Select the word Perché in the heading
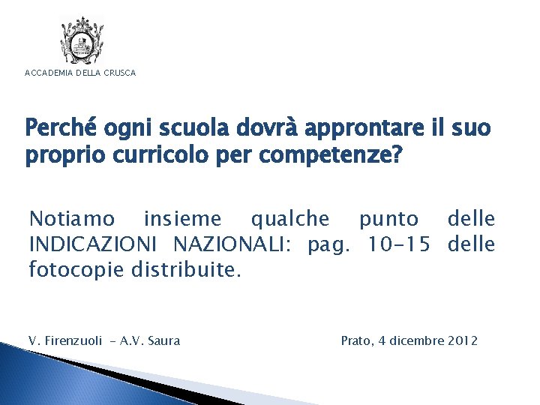pyautogui.click(x=58, y=129)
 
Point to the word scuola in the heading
pyautogui.click(x=171, y=129)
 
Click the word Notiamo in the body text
pyautogui.click(x=72, y=219)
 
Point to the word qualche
pyautogui.click(x=290, y=219)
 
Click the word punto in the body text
pyautogui.click(x=388, y=220)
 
